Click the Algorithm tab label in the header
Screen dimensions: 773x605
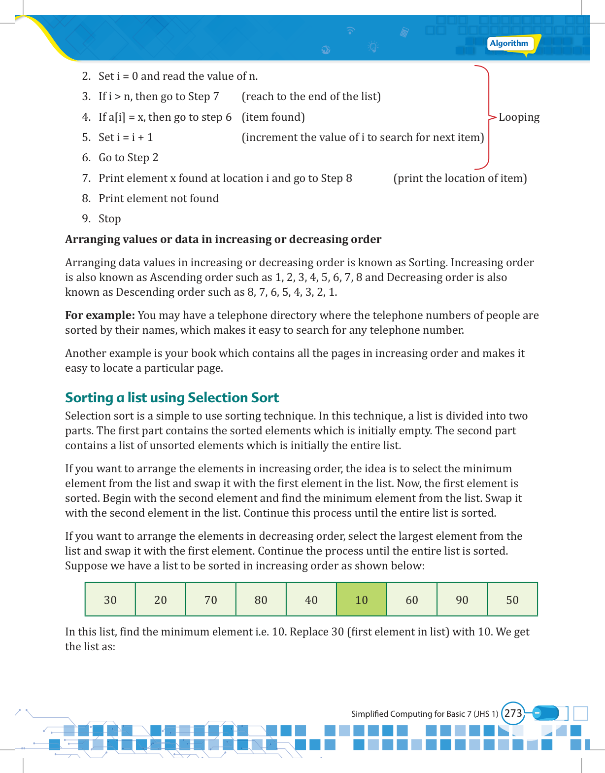509,43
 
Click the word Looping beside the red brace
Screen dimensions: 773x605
519,117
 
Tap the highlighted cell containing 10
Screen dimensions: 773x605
362,599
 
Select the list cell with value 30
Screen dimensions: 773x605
110,599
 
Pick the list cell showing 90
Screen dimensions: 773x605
462,599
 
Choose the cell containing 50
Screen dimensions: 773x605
512,599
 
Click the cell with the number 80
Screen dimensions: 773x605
261,599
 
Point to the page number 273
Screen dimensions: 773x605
513,713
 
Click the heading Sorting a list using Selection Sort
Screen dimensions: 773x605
172,398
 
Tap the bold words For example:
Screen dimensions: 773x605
100,316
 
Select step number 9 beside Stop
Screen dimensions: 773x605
86,219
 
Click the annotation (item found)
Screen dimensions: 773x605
273,117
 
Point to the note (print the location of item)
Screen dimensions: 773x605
460,178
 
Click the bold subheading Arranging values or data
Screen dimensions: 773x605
223,240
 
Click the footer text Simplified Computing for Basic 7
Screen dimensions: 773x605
425,714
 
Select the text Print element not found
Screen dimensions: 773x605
159,199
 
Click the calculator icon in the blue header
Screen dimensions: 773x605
404,33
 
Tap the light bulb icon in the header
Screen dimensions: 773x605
373,47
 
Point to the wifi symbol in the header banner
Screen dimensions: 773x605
350,31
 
